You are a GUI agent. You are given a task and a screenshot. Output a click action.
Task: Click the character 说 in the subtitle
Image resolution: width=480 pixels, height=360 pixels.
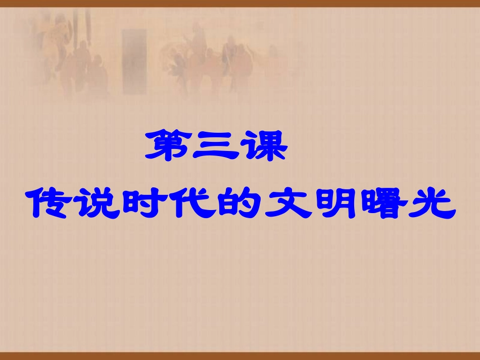pyautogui.click(x=99, y=204)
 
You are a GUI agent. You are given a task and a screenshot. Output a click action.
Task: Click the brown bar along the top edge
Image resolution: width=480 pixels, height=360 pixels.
pyautogui.click(x=240, y=3)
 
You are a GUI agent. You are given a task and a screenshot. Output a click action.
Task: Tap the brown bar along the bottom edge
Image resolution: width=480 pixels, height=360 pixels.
pyautogui.click(x=240, y=356)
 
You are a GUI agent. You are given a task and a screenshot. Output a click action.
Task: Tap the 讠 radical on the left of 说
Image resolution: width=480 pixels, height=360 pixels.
pyautogui.click(x=86, y=204)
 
